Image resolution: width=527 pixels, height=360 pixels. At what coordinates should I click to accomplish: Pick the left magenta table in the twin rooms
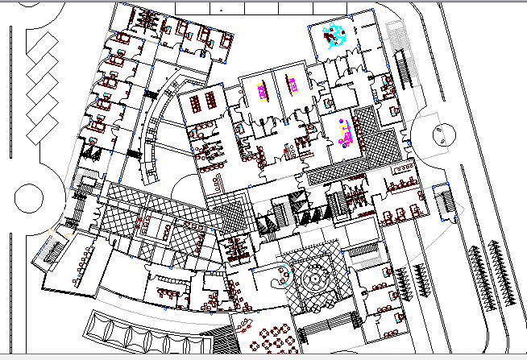tap(261, 89)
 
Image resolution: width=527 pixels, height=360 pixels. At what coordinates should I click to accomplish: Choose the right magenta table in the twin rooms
tap(292, 84)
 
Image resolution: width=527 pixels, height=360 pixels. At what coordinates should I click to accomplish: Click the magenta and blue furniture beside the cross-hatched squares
tap(345, 132)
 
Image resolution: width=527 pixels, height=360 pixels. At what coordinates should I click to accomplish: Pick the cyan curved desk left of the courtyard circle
tap(284, 277)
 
